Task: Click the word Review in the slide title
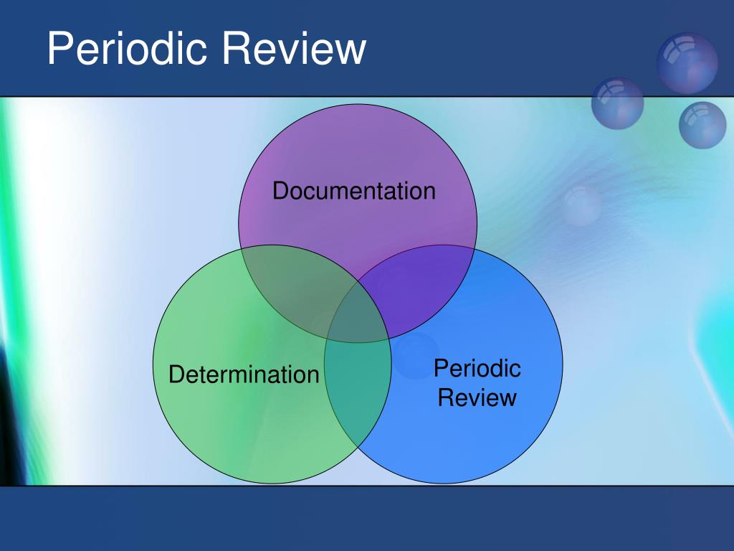[294, 48]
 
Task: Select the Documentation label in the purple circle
[354, 191]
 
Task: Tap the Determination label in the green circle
[244, 375]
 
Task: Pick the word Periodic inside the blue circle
[477, 368]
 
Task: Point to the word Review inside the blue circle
[477, 397]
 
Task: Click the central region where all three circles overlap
[358, 314]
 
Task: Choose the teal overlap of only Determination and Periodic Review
[358, 389]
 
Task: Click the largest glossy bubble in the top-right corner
[687, 63]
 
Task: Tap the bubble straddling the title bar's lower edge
[617, 103]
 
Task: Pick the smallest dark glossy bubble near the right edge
[702, 125]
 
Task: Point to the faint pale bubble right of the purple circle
[582, 205]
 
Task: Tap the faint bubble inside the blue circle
[416, 356]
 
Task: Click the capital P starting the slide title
[59, 48]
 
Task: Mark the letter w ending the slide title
[350, 52]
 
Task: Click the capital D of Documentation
[280, 191]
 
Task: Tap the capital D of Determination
[176, 375]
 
